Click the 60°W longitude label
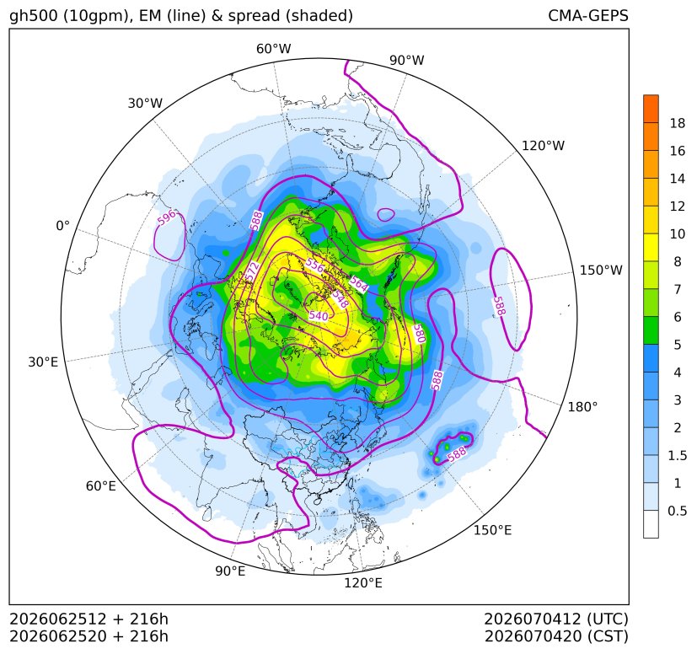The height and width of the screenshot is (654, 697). click(273, 49)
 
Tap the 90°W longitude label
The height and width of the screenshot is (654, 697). click(407, 61)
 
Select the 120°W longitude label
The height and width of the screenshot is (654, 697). click(543, 146)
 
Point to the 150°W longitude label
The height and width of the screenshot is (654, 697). click(601, 271)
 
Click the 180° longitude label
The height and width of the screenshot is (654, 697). click(582, 407)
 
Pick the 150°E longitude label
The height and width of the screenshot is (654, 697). click(492, 530)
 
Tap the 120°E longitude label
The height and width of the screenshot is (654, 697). click(363, 583)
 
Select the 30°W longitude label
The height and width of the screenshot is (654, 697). click(145, 104)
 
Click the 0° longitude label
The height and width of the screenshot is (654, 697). click(63, 226)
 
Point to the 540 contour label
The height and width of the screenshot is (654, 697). click(319, 316)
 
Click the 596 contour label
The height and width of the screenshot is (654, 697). click(167, 217)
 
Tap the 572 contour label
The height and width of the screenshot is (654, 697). click(252, 271)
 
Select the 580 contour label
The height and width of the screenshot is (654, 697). click(420, 334)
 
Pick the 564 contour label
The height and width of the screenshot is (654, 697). click(359, 285)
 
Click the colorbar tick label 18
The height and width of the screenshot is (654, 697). click(678, 124)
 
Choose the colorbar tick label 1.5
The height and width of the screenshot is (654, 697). click(678, 456)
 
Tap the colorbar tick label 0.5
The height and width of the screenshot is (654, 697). click(678, 511)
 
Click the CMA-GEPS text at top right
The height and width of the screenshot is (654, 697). click(588, 16)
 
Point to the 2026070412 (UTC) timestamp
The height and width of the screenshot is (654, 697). click(556, 619)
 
